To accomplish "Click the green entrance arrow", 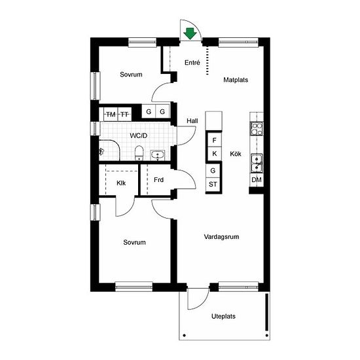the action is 190,33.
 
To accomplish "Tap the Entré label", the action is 192,62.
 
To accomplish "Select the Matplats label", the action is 236,80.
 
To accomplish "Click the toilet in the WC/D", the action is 139,153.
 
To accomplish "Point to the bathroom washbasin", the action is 158,154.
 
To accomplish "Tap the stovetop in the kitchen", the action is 257,129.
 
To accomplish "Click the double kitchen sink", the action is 257,164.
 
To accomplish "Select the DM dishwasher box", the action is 257,179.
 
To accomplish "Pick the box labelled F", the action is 215,140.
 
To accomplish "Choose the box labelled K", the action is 215,154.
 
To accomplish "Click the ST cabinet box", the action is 213,185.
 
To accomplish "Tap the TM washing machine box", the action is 111,114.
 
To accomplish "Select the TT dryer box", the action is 124,114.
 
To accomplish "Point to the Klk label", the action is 121,183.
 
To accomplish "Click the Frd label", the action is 158,180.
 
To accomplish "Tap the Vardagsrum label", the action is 221,237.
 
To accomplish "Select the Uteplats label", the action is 223,316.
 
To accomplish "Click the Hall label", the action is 192,121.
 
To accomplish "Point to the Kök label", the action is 236,154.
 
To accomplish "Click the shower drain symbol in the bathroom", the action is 101,151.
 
